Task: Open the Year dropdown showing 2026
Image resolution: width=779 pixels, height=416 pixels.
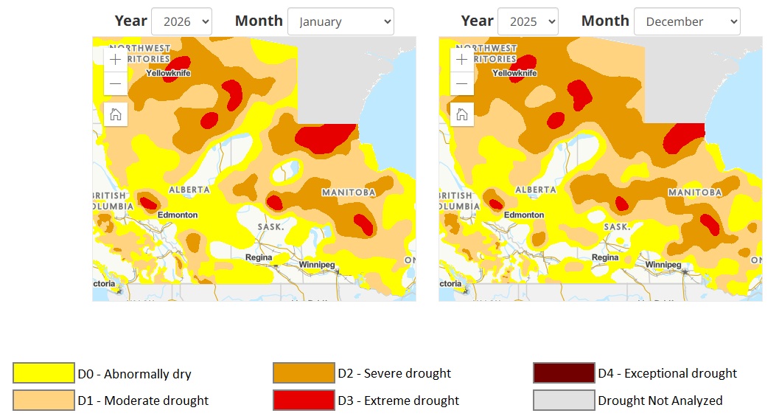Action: coord(181,21)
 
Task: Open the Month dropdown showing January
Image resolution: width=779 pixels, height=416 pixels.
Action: coord(340,21)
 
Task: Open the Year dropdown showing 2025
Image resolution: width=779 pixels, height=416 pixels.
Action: coord(528,21)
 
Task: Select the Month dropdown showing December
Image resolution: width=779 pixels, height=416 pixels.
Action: coord(687,21)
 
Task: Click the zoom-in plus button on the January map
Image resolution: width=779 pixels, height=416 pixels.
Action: coord(116,60)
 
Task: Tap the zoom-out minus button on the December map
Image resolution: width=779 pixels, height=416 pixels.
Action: coord(462,83)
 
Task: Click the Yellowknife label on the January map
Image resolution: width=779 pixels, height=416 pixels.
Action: coord(167,73)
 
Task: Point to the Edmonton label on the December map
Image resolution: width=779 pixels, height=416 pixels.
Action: coord(524,215)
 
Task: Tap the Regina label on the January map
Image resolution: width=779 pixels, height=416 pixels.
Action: coord(259,257)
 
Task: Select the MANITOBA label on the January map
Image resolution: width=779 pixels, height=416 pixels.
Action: coord(349,193)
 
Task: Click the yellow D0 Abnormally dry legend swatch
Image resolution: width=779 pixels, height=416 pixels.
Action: coord(43,373)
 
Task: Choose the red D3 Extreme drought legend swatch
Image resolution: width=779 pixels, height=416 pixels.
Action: coord(304,401)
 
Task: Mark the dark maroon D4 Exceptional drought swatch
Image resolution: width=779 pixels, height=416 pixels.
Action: coord(564,373)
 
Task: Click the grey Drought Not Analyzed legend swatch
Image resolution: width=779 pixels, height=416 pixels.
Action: coord(564,401)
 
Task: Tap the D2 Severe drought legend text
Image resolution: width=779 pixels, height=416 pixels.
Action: coord(394,373)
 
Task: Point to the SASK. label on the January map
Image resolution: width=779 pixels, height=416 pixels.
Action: coord(270,226)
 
